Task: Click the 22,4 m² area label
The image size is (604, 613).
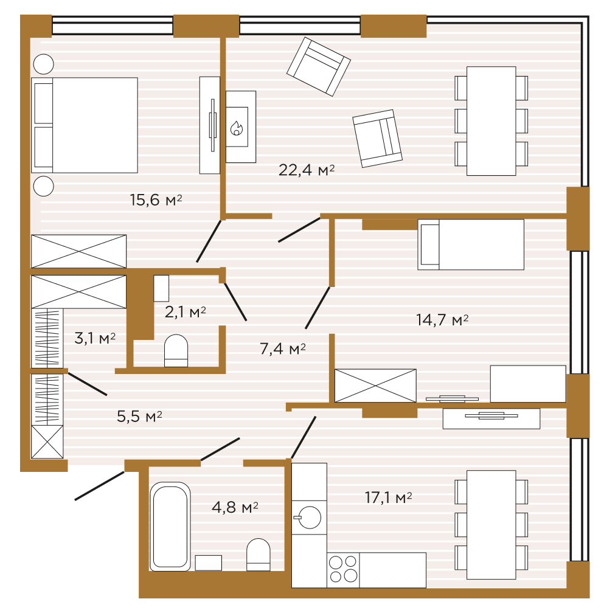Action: point(307,170)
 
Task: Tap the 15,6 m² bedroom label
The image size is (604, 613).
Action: point(156,199)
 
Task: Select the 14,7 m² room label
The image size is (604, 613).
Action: point(442,320)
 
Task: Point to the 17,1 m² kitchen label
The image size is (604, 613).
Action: point(388,497)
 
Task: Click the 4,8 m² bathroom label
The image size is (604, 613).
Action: point(235,507)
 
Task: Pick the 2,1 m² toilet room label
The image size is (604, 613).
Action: point(186,312)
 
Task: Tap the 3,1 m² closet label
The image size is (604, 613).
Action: point(95,338)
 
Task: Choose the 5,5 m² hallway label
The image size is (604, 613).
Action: point(139,417)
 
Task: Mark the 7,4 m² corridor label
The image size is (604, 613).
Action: point(283,348)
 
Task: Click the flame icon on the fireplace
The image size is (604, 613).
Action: point(237,128)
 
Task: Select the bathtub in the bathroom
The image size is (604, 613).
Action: point(170,526)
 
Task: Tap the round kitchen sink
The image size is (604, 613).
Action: point(309,518)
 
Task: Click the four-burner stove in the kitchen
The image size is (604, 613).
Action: point(343,570)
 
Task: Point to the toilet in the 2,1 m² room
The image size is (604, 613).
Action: point(176,351)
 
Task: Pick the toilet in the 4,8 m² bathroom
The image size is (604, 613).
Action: point(258,555)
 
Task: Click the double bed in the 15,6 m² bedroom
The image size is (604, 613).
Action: point(85,125)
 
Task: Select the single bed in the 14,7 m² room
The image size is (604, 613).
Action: point(471,244)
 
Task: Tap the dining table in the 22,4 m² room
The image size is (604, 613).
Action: point(491,121)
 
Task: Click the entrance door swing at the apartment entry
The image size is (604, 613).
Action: point(99,486)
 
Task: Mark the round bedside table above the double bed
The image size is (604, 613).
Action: point(43,64)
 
